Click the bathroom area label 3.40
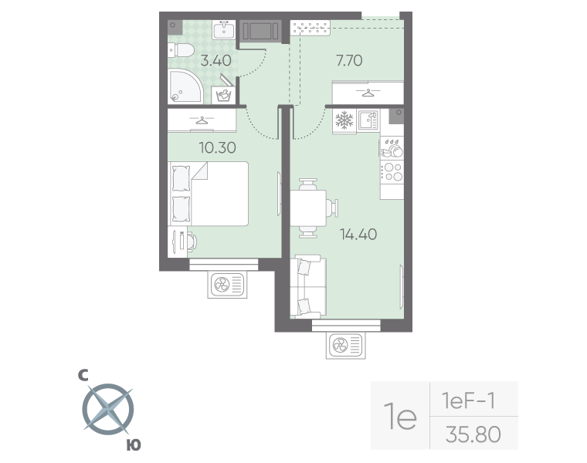pos(215,60)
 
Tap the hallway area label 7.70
pos(349,60)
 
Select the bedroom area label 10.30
pos(218,147)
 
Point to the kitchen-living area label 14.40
pos(358,235)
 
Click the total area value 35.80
pos(473,434)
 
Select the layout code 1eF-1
pos(469,401)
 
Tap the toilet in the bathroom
pos(181,50)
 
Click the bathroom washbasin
pos(224,29)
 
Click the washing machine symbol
pos(223,95)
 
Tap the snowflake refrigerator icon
pos(344,120)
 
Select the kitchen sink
pos(368,120)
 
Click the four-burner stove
pos(392,171)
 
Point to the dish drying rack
pos(392,147)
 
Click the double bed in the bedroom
pos(209,194)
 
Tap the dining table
pos(308,208)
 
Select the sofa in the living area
pos(308,287)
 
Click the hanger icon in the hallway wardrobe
pos(368,93)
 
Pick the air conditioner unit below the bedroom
pos(228,285)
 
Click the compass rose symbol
pos(108,409)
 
